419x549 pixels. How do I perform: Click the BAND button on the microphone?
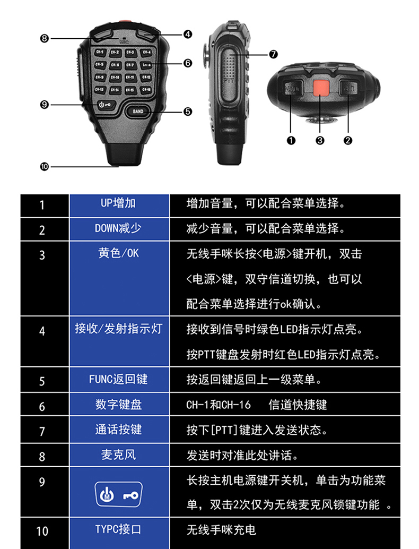(138, 111)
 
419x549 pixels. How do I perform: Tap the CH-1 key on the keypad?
(99, 52)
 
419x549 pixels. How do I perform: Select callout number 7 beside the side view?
(274, 54)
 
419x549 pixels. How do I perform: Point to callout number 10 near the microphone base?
(44, 166)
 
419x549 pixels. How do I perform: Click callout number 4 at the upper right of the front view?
(188, 34)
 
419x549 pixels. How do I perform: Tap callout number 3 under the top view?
(320, 140)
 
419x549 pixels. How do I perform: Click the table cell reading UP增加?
(119, 203)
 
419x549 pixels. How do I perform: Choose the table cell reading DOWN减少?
(119, 228)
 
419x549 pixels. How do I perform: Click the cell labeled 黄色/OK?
(119, 253)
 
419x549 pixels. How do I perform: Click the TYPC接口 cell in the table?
(119, 529)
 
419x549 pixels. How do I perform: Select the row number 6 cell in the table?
(42, 406)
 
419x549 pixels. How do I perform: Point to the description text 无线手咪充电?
(221, 529)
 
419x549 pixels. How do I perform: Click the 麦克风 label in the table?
(119, 455)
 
